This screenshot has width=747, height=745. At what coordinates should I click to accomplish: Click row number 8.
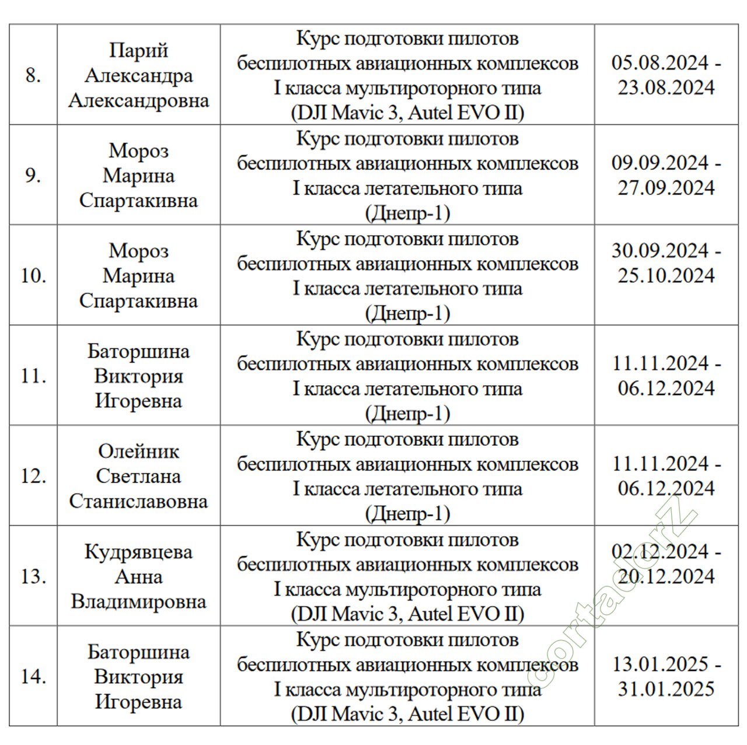pyautogui.click(x=33, y=75)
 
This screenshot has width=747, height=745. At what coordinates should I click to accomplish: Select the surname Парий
pyautogui.click(x=138, y=50)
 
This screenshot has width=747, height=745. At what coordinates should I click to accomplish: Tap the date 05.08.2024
pyautogui.click(x=660, y=62)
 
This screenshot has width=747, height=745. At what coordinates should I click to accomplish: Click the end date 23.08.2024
pyautogui.click(x=666, y=88)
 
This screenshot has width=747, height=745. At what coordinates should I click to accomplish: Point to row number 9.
pyautogui.click(x=33, y=175)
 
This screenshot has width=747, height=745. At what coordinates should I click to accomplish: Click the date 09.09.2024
pyautogui.click(x=660, y=163)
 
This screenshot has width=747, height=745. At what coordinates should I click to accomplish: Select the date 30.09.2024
pyautogui.click(x=660, y=251)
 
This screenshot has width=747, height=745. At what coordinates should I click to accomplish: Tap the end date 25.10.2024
pyautogui.click(x=666, y=275)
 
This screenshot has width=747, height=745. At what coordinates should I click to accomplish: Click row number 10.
pyautogui.click(x=33, y=275)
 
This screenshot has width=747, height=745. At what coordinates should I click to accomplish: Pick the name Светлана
pyautogui.click(x=138, y=476)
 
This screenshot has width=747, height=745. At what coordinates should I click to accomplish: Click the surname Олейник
pyautogui.click(x=138, y=451)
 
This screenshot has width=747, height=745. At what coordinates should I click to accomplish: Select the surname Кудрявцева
pyautogui.click(x=138, y=552)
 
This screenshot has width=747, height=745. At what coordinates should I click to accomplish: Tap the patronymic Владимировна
pyautogui.click(x=138, y=601)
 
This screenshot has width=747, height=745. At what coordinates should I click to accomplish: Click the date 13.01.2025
pyautogui.click(x=660, y=664)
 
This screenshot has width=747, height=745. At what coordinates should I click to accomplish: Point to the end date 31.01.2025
pyautogui.click(x=666, y=689)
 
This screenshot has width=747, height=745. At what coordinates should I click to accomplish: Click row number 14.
pyautogui.click(x=33, y=677)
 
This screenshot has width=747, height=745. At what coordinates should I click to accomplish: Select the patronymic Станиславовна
pyautogui.click(x=138, y=501)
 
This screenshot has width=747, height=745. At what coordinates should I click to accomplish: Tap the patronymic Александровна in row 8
pyautogui.click(x=138, y=100)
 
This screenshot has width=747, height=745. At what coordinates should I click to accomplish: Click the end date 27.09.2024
pyautogui.click(x=666, y=188)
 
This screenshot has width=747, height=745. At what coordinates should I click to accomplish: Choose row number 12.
pyautogui.click(x=33, y=476)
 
